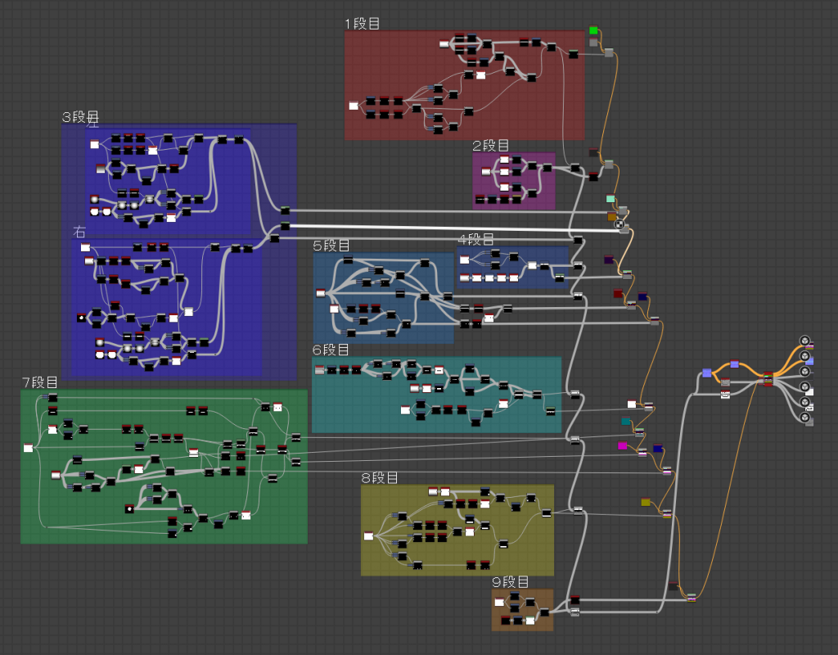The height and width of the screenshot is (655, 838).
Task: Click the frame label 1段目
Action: click(363, 24)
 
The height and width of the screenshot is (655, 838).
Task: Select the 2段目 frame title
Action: click(490, 146)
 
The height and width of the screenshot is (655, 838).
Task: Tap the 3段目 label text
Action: click(80, 117)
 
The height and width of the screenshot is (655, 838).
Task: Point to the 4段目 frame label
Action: click(476, 239)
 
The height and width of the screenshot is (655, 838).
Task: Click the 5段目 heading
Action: click(331, 246)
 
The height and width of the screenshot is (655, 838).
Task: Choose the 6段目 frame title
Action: click(331, 350)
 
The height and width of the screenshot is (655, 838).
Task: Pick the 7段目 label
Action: click(39, 382)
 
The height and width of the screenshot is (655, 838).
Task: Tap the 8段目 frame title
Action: click(380, 477)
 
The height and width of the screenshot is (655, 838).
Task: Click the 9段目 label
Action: click(511, 582)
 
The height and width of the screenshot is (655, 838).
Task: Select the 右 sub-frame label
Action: click(79, 232)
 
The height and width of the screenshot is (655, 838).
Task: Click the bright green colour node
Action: click(593, 30)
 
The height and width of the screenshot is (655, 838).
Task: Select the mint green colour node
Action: click(610, 199)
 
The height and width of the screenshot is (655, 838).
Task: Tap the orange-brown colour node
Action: click(611, 216)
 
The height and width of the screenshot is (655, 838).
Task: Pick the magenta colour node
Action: click(623, 445)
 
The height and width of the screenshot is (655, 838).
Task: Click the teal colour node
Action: click(626, 422)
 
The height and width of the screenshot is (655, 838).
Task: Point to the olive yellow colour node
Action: click(646, 502)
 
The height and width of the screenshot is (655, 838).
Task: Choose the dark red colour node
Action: click(618, 293)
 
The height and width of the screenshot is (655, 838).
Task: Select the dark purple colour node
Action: click(609, 260)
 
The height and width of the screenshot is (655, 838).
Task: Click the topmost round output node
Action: click(804, 341)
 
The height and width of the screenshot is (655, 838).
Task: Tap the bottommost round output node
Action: click(805, 418)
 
